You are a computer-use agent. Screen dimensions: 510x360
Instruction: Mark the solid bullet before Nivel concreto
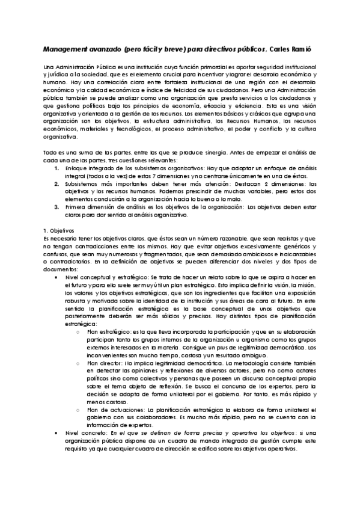click(x=56, y=433)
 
